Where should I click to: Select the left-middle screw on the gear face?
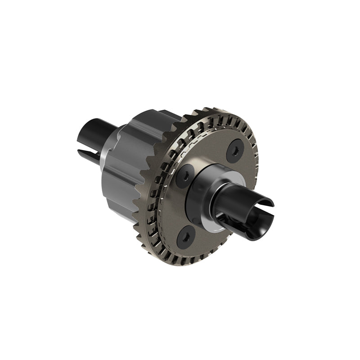pos(184,175)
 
